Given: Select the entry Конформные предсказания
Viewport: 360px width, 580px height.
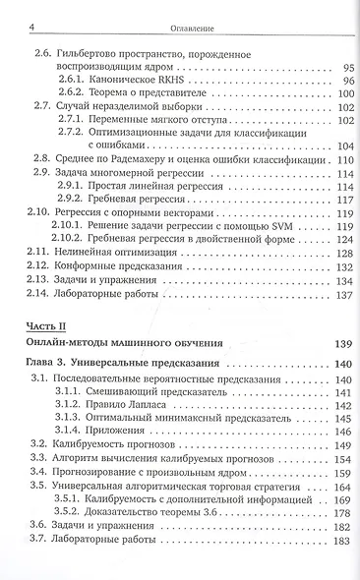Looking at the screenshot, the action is [121, 264].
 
